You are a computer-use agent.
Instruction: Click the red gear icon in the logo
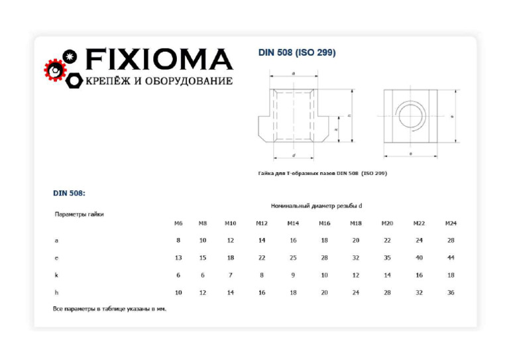click(55, 69)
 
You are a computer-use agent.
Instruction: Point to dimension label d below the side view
click(293, 155)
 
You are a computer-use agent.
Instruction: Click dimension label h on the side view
click(349, 116)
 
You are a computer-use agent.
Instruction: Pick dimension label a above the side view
click(293, 74)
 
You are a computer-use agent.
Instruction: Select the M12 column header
click(262, 223)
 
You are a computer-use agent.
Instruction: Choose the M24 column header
click(451, 223)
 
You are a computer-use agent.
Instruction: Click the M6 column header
click(178, 223)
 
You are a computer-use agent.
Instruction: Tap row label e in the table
click(56, 258)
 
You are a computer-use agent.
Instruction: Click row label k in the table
click(56, 275)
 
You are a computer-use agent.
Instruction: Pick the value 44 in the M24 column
click(451, 258)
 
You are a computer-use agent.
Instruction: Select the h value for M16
click(324, 292)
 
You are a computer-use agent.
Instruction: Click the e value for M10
click(230, 258)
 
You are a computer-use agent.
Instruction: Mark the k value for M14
click(293, 275)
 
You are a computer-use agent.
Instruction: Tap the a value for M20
click(387, 241)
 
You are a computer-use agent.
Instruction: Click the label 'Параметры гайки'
click(79, 214)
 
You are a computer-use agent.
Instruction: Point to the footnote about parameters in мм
click(109, 309)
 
